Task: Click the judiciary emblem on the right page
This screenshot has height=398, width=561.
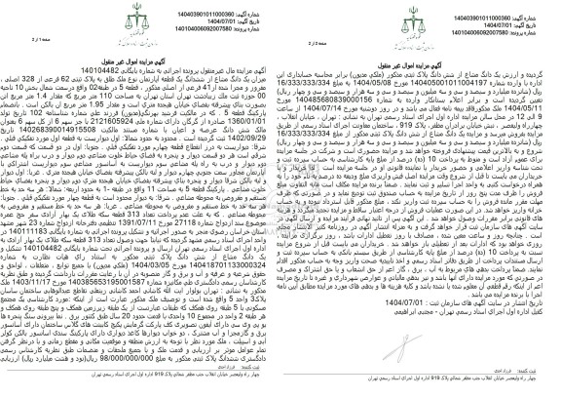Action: [421, 21]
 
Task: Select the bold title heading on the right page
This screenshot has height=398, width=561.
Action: [421, 60]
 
